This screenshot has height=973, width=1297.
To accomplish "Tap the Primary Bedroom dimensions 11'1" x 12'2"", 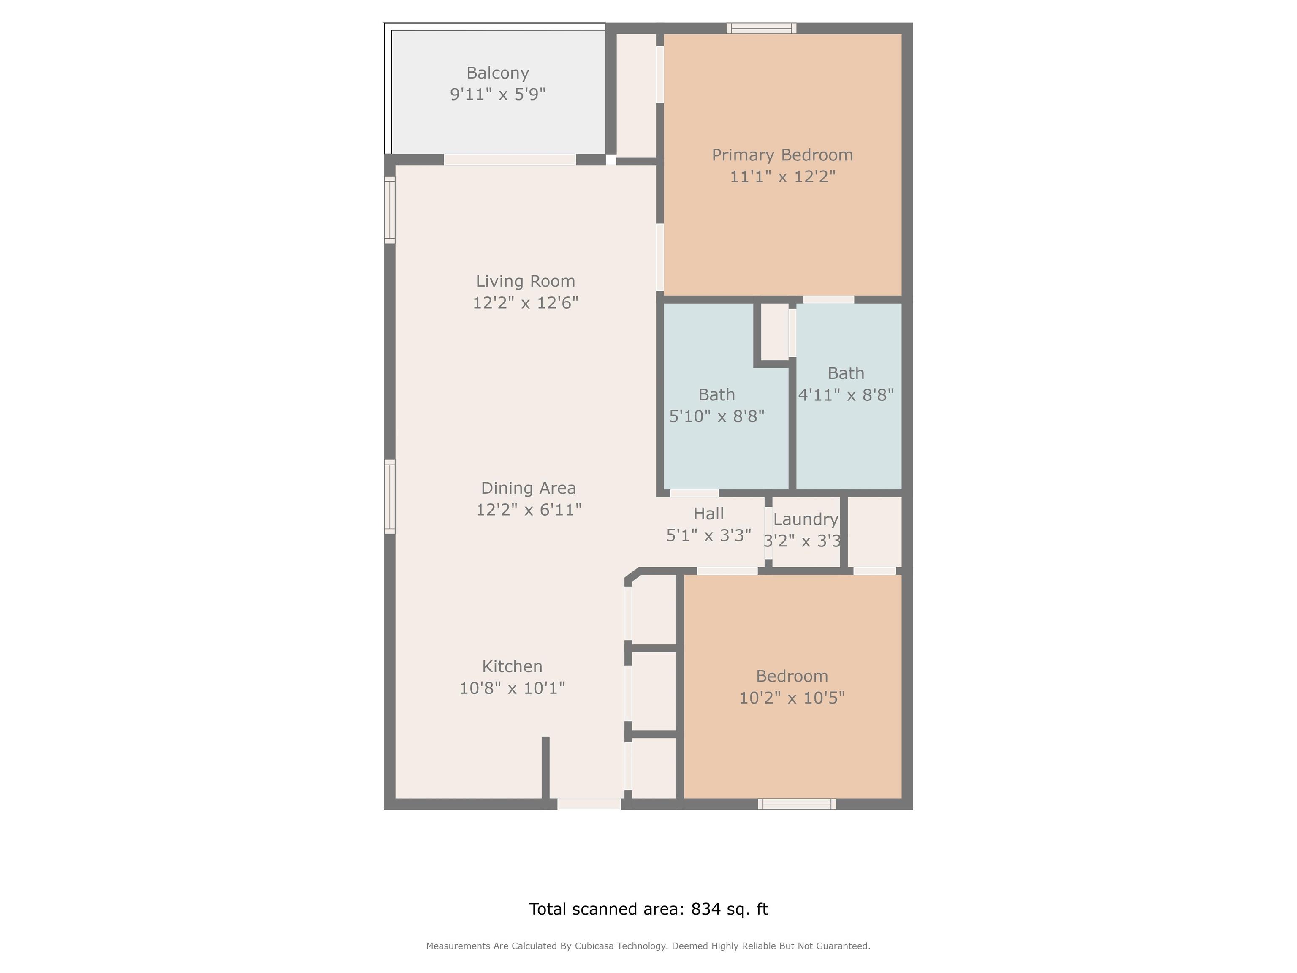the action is tap(782, 177).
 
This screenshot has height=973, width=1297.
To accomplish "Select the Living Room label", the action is tap(525, 282).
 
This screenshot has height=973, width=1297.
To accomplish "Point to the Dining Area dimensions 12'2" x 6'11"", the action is tap(528, 510).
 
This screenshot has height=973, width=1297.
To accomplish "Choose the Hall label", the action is tap(708, 514).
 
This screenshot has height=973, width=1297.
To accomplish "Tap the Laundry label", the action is tap(806, 519).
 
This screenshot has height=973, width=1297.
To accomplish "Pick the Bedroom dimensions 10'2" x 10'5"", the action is tap(792, 698).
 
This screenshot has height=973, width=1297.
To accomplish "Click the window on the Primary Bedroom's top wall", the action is tap(762, 28).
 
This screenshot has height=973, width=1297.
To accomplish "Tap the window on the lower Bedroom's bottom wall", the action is tap(797, 804).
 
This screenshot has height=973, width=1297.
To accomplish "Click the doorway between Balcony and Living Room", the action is tap(510, 160).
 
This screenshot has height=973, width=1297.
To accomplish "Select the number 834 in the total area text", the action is tap(706, 909).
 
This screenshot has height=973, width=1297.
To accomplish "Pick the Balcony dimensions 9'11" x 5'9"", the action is tap(498, 95).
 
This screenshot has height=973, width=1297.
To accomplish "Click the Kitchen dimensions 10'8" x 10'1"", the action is tap(512, 688).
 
